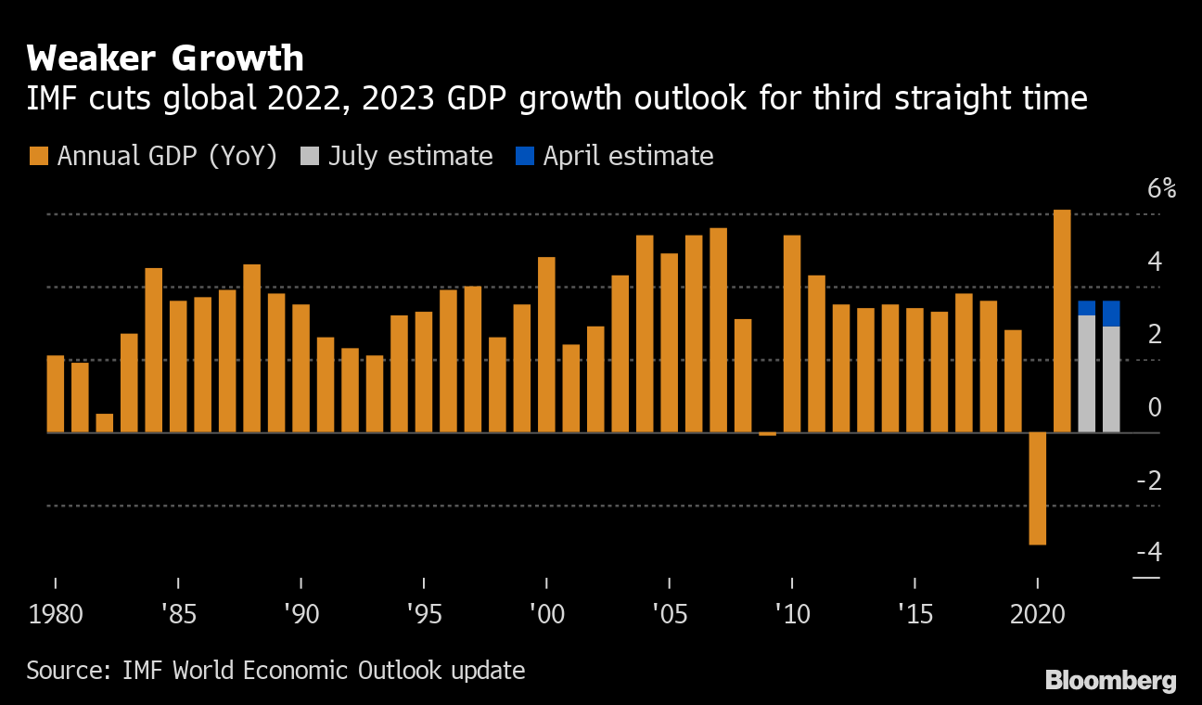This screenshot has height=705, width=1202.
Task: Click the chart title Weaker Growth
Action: [165, 58]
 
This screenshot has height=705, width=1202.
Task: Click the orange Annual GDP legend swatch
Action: [39, 156]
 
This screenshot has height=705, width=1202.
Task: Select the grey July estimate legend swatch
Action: [310, 156]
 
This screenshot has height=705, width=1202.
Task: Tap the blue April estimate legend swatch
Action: [524, 156]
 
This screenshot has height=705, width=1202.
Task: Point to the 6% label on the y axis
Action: [1161, 189]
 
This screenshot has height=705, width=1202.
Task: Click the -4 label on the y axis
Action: [1148, 553]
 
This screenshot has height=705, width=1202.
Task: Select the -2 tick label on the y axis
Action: [1148, 481]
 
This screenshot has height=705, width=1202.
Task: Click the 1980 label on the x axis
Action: [56, 614]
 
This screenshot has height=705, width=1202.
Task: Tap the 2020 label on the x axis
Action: [1037, 614]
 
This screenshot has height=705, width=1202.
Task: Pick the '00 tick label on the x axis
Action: [546, 614]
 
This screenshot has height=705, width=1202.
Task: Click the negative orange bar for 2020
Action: [1037, 488]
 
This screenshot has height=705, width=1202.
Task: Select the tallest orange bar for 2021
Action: [1062, 321]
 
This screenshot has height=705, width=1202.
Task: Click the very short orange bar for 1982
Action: [105, 423]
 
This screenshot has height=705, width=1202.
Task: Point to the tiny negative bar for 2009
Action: [767, 433]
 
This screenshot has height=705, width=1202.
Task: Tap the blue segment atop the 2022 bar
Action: [1086, 308]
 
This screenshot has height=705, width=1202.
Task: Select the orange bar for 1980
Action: [56, 394]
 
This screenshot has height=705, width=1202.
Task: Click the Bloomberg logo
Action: [1110, 680]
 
